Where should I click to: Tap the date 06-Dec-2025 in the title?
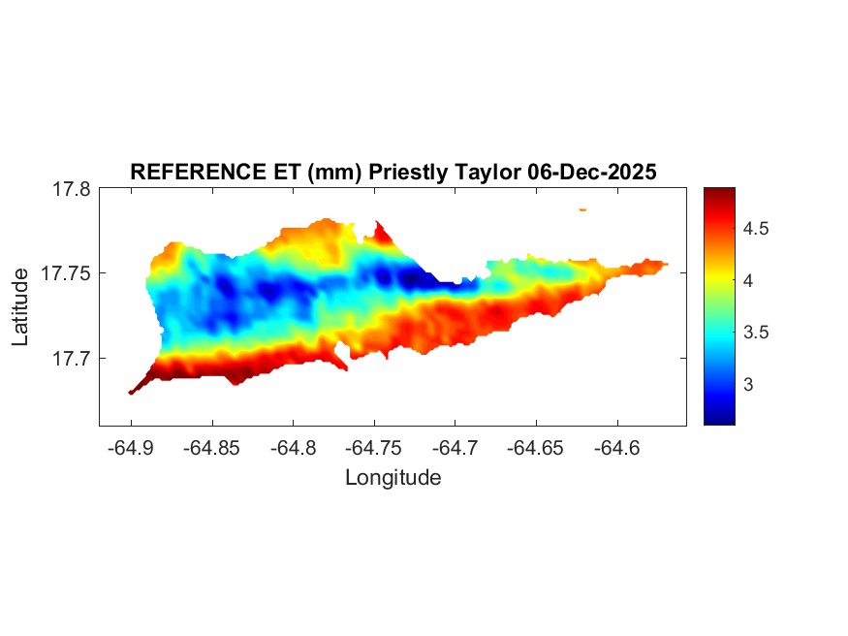(x=592, y=173)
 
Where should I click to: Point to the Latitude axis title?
(x=20, y=307)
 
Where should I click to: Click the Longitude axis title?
(x=393, y=477)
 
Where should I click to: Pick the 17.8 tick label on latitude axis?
(x=72, y=190)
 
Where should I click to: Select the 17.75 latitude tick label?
(x=67, y=274)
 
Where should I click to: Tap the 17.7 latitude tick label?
(x=72, y=359)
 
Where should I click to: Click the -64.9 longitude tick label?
(x=131, y=448)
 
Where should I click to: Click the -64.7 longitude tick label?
(x=455, y=448)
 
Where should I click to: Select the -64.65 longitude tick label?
(x=536, y=448)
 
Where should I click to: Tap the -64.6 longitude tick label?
(x=616, y=448)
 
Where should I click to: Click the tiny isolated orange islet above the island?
(x=583, y=209)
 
